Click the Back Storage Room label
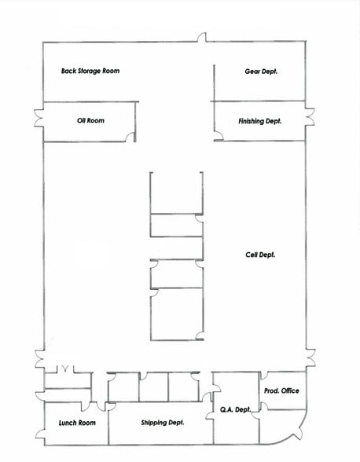pyautogui.click(x=90, y=71)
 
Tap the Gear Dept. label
pyautogui.click(x=262, y=71)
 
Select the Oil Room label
pyautogui.click(x=90, y=121)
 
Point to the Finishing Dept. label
pyautogui.click(x=259, y=121)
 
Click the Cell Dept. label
pyautogui.click(x=260, y=255)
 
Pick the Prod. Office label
pyautogui.click(x=281, y=390)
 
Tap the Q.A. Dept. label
pyautogui.click(x=233, y=409)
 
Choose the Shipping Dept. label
pyautogui.click(x=162, y=423)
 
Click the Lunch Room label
pyautogui.click(x=77, y=423)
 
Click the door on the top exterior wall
pyautogui.click(x=202, y=38)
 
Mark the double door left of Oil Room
pyautogui.click(x=39, y=119)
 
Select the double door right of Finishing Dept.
pyautogui.click(x=310, y=119)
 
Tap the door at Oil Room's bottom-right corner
pyautogui.click(x=131, y=137)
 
